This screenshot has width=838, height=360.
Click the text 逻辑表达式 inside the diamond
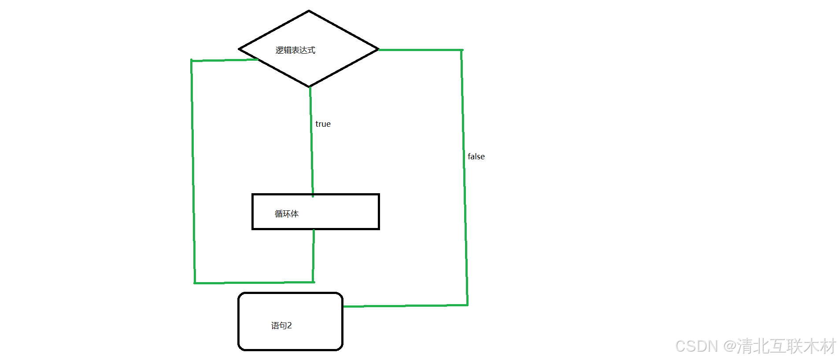tap(295, 50)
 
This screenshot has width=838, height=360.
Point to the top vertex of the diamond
tap(309, 11)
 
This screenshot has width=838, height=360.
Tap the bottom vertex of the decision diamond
tap(310, 87)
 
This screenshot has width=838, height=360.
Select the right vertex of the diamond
tap(378, 49)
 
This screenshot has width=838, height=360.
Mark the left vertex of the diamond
tap(239, 49)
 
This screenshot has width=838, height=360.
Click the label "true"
tap(323, 124)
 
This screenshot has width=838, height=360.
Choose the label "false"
tap(476, 157)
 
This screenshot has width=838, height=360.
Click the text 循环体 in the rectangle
tap(286, 214)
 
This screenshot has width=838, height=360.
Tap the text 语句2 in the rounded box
tap(281, 326)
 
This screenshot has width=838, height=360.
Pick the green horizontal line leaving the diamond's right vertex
tap(421, 50)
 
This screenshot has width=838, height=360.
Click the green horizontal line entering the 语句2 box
tap(405, 305)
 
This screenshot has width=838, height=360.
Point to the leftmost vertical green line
tap(193, 172)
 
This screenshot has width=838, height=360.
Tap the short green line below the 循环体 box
tap(314, 255)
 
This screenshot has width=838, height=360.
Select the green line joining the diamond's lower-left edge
tap(225, 60)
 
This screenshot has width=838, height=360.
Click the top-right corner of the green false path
tap(461, 50)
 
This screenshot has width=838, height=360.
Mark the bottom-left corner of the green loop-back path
tap(195, 283)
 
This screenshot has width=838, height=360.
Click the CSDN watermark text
tap(755, 346)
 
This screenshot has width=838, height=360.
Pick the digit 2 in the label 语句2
tap(289, 326)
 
